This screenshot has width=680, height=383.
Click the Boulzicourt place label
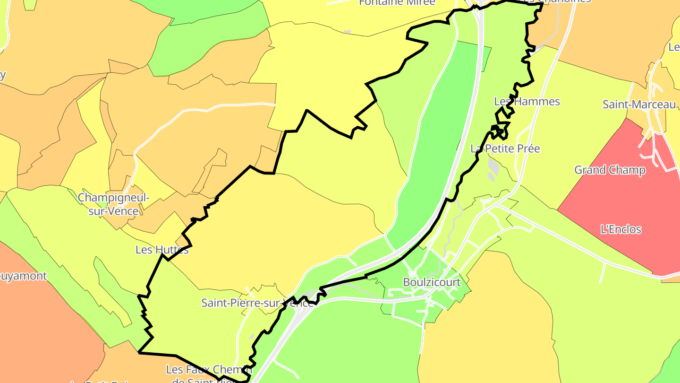[432, 282]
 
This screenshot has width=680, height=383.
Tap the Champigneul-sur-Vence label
[113, 204]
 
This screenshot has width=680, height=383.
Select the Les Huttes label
[162, 250]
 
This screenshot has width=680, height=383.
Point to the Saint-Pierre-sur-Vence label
[257, 303]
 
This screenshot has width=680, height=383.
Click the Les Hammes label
[527, 102]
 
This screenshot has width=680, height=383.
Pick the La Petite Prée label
[505, 148]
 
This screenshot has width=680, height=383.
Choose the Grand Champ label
[610, 170]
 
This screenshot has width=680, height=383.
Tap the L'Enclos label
[621, 230]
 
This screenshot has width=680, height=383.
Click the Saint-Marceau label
[639, 104]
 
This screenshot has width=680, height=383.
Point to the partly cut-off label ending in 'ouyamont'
[24, 276]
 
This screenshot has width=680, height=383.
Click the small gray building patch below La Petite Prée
[493, 166]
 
